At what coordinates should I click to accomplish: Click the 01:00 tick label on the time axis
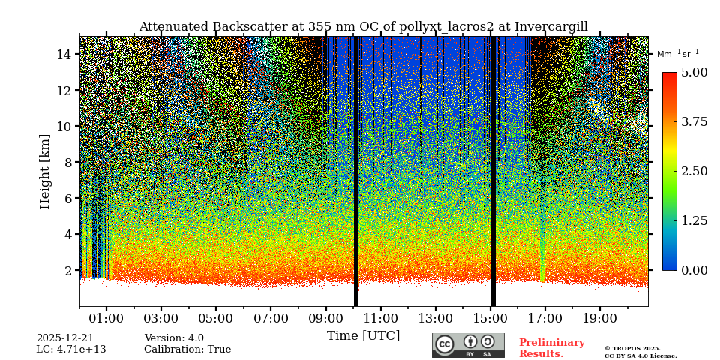106,319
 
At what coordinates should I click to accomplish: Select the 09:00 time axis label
325,319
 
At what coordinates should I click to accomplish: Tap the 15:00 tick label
490,319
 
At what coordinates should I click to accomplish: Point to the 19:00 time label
600,319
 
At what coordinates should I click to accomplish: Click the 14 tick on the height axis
64,54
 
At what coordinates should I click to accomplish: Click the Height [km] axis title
45,171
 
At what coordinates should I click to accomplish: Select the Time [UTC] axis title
363,336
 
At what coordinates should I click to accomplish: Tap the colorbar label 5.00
694,73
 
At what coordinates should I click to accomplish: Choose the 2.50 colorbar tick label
694,171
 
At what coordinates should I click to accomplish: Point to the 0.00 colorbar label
694,270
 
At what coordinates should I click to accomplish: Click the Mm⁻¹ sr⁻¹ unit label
677,54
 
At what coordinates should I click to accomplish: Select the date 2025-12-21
65,338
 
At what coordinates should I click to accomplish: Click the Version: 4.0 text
174,338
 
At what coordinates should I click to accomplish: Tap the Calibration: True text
187,349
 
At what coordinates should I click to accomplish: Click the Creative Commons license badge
468,345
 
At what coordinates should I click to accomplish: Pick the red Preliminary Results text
551,348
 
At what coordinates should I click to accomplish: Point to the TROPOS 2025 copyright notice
632,348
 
